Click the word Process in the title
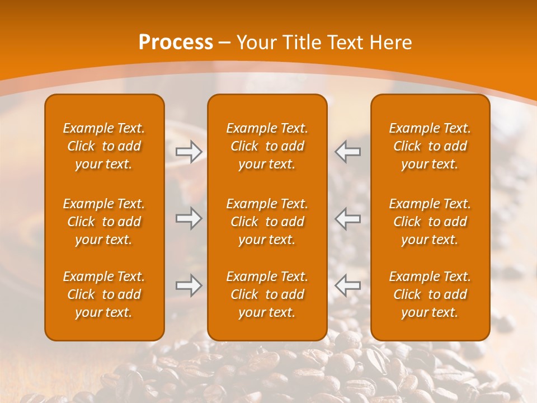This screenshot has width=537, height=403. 176,43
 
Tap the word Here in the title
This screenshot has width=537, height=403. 390,43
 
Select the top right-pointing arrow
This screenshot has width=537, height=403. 189,152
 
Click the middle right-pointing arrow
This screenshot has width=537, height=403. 189,218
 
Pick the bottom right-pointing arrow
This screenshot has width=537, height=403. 189,285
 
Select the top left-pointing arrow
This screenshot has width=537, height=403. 347,152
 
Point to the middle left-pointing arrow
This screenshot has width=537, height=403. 347,218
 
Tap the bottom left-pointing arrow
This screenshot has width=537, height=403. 347,285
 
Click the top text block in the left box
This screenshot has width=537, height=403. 104,146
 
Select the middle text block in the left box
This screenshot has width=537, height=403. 104,222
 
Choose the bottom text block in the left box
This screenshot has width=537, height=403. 104,294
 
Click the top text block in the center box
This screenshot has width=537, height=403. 267,146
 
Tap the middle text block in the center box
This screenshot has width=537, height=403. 267,222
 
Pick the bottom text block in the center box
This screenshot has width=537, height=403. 267,294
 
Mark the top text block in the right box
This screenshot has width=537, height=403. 430,146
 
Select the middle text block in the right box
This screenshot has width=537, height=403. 430,222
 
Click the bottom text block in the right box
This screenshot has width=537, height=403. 430,294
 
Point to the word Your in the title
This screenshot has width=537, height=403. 256,43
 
